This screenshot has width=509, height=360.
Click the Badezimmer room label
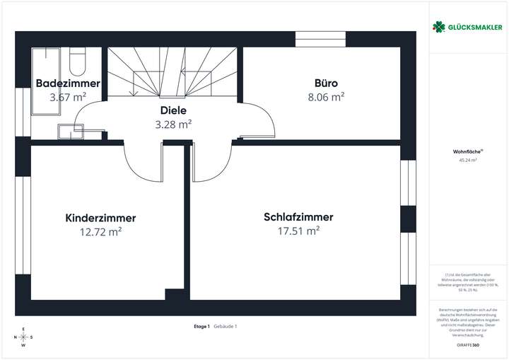click(x=68, y=83)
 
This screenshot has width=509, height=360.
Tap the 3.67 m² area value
click(x=68, y=97)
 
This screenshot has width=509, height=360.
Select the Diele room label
click(x=173, y=110)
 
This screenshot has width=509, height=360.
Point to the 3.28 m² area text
click(x=173, y=124)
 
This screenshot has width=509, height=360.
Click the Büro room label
click(x=326, y=83)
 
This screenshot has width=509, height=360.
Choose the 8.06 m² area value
click(x=326, y=97)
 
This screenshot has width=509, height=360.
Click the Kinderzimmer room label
click(x=100, y=218)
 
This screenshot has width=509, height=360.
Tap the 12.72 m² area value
click(x=100, y=231)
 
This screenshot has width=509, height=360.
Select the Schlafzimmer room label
click(x=298, y=217)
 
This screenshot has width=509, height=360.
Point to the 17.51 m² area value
click(x=298, y=231)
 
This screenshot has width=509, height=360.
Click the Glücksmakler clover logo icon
click(x=438, y=27)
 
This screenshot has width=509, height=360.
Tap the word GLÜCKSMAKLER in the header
click(x=474, y=27)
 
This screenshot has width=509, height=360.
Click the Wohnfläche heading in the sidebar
click(x=467, y=151)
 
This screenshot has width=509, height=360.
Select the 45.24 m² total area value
click(x=467, y=161)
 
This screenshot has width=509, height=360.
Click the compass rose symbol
click(x=23, y=337)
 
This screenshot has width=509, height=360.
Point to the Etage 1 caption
click(x=201, y=326)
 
